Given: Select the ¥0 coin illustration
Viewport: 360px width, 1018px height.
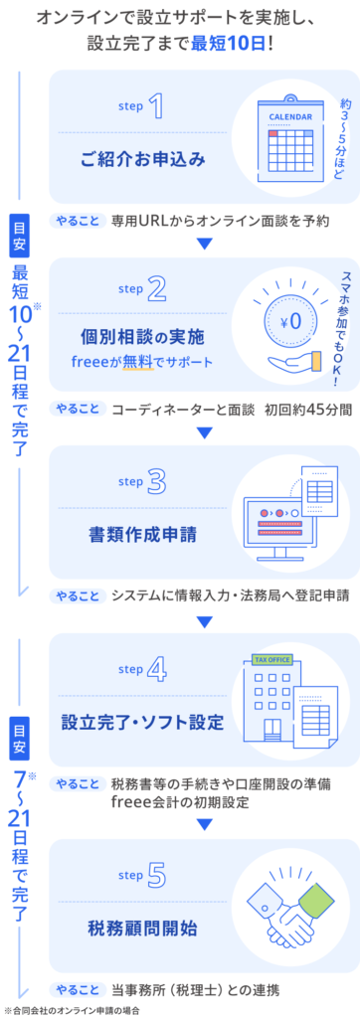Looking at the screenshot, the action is [x=290, y=321].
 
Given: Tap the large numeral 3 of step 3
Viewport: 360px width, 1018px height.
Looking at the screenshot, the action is [x=156, y=482].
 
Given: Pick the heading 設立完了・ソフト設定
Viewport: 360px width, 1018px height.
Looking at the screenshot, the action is [x=143, y=723].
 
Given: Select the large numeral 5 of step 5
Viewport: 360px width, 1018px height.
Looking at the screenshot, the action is [x=156, y=877].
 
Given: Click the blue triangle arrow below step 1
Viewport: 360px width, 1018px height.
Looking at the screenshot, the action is [x=205, y=244].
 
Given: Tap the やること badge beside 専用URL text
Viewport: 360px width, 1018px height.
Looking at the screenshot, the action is [x=78, y=221].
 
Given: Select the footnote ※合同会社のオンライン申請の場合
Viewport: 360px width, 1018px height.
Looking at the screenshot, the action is [x=71, y=1011].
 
